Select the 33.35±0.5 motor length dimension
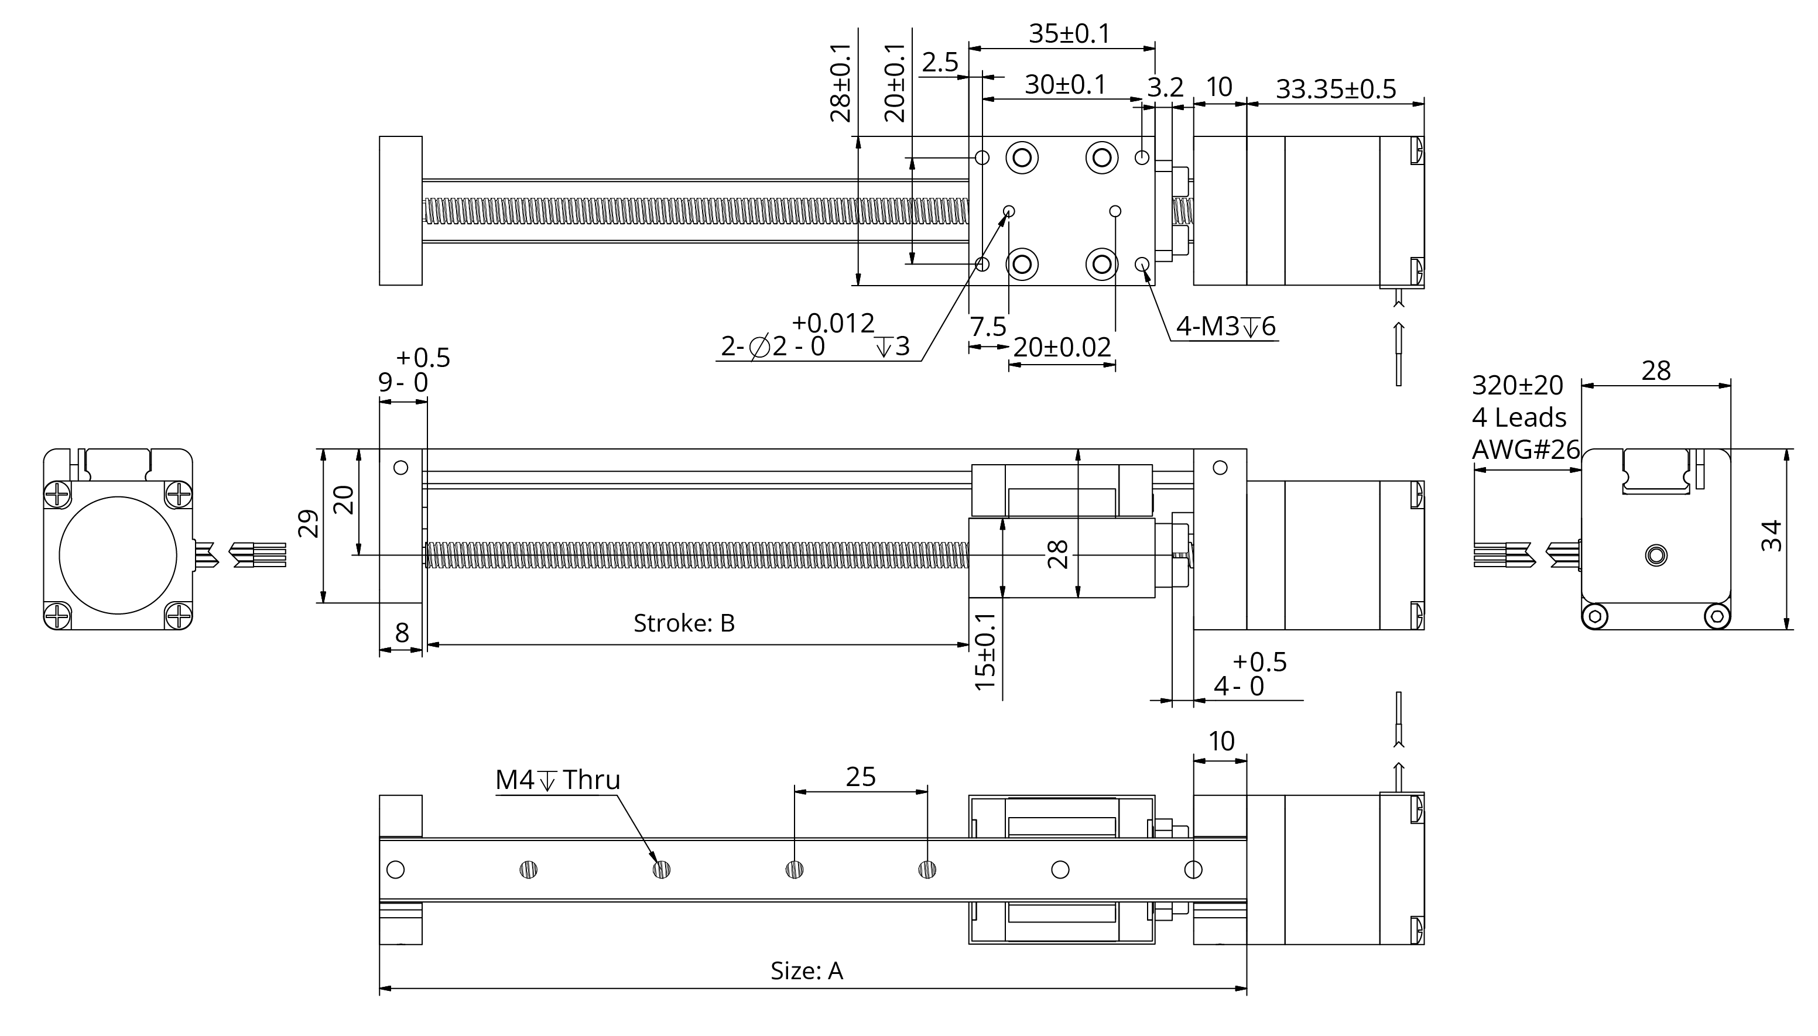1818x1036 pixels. click(x=1335, y=90)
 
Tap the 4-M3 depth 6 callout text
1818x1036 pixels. click(x=1225, y=327)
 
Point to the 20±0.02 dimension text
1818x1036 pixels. click(x=1061, y=347)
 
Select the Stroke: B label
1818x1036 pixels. click(x=683, y=623)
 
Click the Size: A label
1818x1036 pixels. click(x=806, y=971)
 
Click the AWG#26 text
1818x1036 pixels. click(x=1525, y=450)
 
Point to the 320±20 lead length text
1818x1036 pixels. click(x=1517, y=386)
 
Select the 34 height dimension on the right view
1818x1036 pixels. click(x=1771, y=536)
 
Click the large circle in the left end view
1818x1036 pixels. click(x=118, y=555)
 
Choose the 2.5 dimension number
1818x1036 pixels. click(x=940, y=63)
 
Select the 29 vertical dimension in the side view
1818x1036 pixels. click(x=309, y=524)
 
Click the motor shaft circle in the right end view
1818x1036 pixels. click(x=1656, y=555)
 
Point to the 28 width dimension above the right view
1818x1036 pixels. click(x=1656, y=371)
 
